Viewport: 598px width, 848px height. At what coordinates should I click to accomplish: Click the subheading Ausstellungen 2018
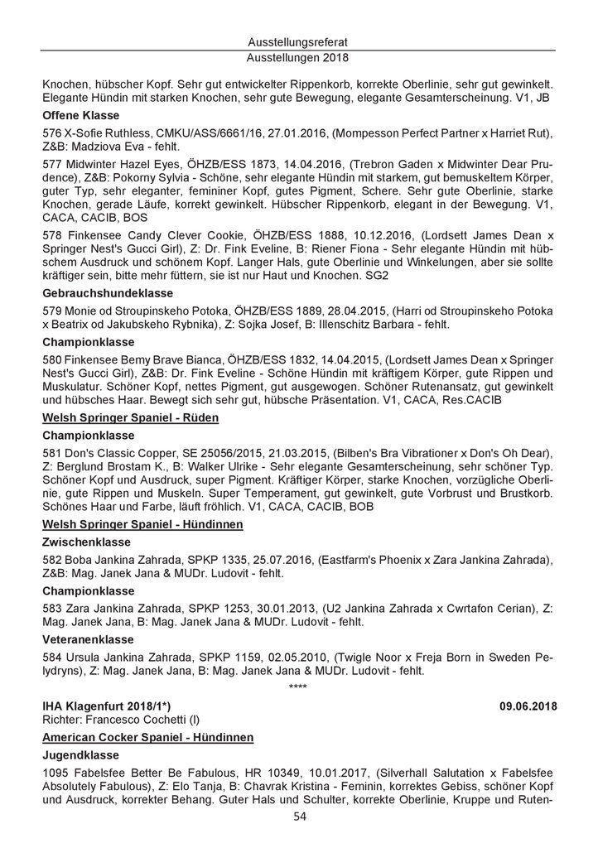[299, 59]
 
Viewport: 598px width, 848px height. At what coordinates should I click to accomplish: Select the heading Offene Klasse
[80, 115]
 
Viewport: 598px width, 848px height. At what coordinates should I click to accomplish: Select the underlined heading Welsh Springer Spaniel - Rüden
[130, 418]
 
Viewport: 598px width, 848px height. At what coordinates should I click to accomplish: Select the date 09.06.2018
[528, 706]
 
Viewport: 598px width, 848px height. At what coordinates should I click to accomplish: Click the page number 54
[299, 818]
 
